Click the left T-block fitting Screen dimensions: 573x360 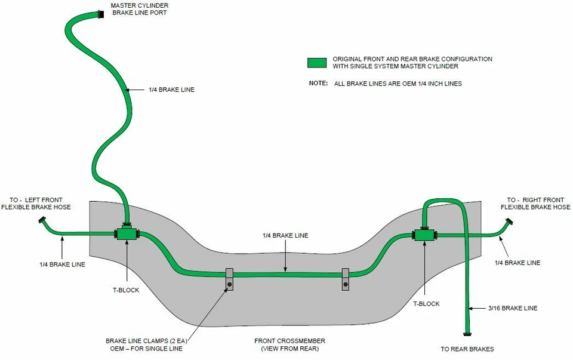[x=127, y=233]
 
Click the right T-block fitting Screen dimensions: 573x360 [x=424, y=234]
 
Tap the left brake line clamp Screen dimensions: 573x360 [x=229, y=279]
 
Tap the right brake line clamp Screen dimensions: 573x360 [x=346, y=279]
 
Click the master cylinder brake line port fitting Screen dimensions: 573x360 [x=101, y=14]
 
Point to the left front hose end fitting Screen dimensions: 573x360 [x=42, y=220]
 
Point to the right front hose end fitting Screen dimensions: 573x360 [x=509, y=221]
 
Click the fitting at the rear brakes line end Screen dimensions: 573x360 [x=467, y=334]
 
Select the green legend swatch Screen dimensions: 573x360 [x=317, y=63]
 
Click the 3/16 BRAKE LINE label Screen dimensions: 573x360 [x=513, y=308]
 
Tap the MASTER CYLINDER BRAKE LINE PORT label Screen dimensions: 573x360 [x=140, y=9]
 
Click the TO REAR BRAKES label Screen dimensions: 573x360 [x=467, y=349]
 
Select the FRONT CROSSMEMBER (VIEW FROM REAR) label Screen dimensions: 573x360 [x=290, y=344]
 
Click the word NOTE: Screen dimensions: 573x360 [x=318, y=83]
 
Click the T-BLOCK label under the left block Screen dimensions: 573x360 [x=126, y=290]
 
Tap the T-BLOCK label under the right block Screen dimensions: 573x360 [x=426, y=304]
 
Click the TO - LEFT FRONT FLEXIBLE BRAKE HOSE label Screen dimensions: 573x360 [x=36, y=204]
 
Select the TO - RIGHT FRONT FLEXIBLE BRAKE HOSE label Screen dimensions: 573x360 [x=535, y=204]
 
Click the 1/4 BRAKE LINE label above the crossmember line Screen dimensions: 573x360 [x=285, y=236]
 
